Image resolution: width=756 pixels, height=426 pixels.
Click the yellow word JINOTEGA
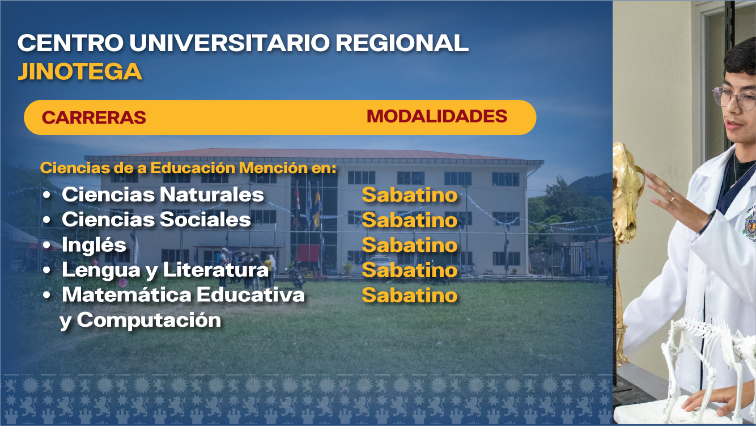click(x=80, y=71)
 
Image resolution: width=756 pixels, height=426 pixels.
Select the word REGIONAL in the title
click(x=402, y=43)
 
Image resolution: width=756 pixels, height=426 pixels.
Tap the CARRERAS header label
click(x=94, y=117)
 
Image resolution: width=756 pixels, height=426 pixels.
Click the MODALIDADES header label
click(x=437, y=116)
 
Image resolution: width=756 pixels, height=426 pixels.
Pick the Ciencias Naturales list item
click(x=163, y=195)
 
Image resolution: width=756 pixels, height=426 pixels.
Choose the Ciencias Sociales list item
click(x=156, y=220)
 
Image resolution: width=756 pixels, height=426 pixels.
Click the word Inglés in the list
click(x=94, y=244)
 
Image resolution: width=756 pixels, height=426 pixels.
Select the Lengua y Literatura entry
click(x=165, y=270)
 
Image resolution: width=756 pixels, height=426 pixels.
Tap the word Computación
click(x=149, y=320)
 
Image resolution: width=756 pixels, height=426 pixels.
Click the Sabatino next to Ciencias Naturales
click(x=409, y=195)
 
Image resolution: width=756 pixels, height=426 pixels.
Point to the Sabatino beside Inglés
click(x=409, y=245)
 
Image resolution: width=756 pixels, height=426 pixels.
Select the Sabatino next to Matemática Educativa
click(x=409, y=295)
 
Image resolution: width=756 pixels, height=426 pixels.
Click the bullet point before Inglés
click(x=47, y=245)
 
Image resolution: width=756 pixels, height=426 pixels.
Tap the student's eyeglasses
click(x=734, y=98)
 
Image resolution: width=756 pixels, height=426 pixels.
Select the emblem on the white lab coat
click(x=750, y=225)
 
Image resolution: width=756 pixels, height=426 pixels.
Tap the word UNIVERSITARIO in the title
click(x=230, y=43)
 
